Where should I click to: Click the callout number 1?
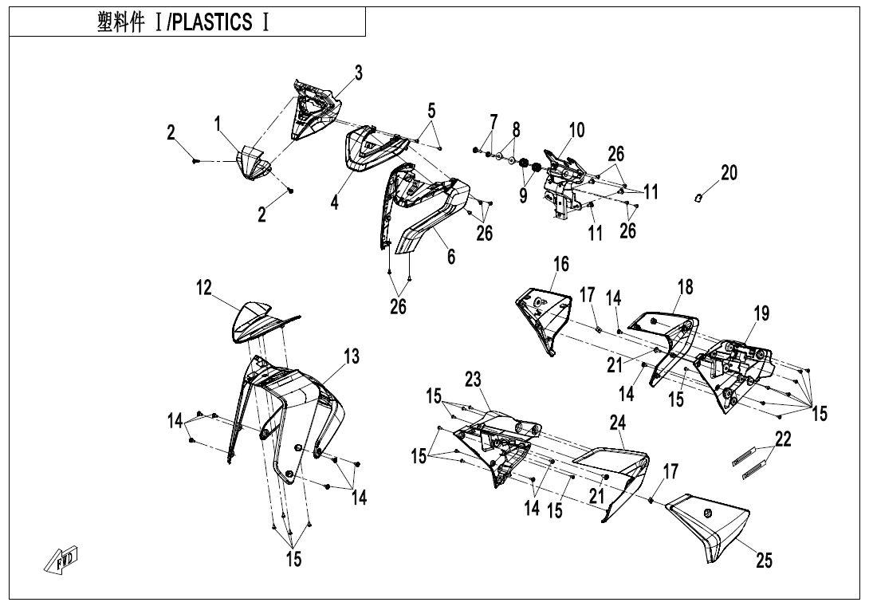[x=217, y=123]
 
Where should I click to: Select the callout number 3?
[x=359, y=73]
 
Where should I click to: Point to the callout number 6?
[x=451, y=257]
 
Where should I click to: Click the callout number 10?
[x=576, y=130]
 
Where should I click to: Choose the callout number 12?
[x=205, y=289]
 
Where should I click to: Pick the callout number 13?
[x=352, y=357]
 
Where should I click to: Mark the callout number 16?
[x=561, y=264]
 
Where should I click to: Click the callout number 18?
[x=686, y=287]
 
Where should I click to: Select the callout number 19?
[x=761, y=313]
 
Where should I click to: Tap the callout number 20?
[x=729, y=172]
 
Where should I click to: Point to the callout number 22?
[x=783, y=439]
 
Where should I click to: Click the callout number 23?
[x=474, y=380]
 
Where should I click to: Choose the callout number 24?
[x=618, y=423]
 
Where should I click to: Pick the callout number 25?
[x=764, y=561]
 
